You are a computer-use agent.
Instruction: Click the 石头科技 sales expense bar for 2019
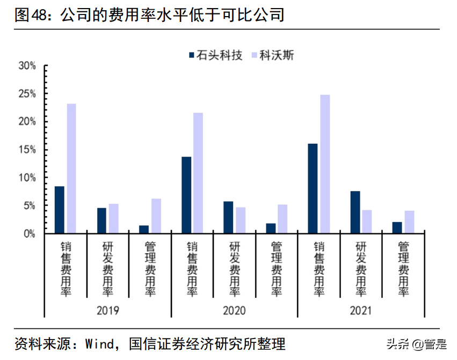click(59, 210)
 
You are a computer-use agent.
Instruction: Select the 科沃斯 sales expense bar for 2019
click(71, 168)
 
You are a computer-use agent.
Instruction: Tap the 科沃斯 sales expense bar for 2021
click(325, 164)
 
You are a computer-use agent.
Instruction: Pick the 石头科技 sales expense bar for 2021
click(313, 188)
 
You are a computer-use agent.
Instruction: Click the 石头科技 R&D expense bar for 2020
click(228, 217)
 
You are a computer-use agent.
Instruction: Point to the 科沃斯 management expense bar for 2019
click(156, 216)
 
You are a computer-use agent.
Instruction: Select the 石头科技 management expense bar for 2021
click(397, 227)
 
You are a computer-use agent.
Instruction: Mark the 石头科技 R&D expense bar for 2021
click(355, 212)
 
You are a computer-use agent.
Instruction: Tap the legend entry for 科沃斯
click(273, 55)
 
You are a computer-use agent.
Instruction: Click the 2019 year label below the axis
click(107, 311)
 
